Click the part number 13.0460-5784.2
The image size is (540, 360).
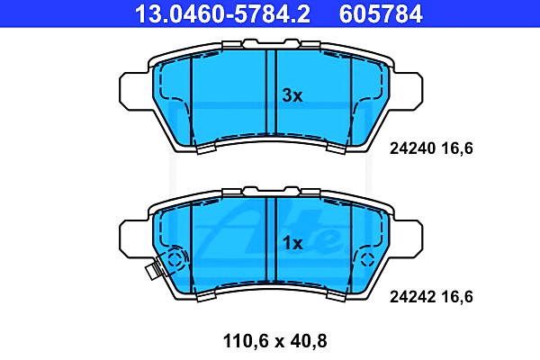[223, 13]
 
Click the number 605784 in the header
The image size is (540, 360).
[381, 13]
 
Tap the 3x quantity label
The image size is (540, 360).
[292, 95]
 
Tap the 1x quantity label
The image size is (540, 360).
[292, 244]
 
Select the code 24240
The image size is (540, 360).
[412, 148]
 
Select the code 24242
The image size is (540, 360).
[412, 297]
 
